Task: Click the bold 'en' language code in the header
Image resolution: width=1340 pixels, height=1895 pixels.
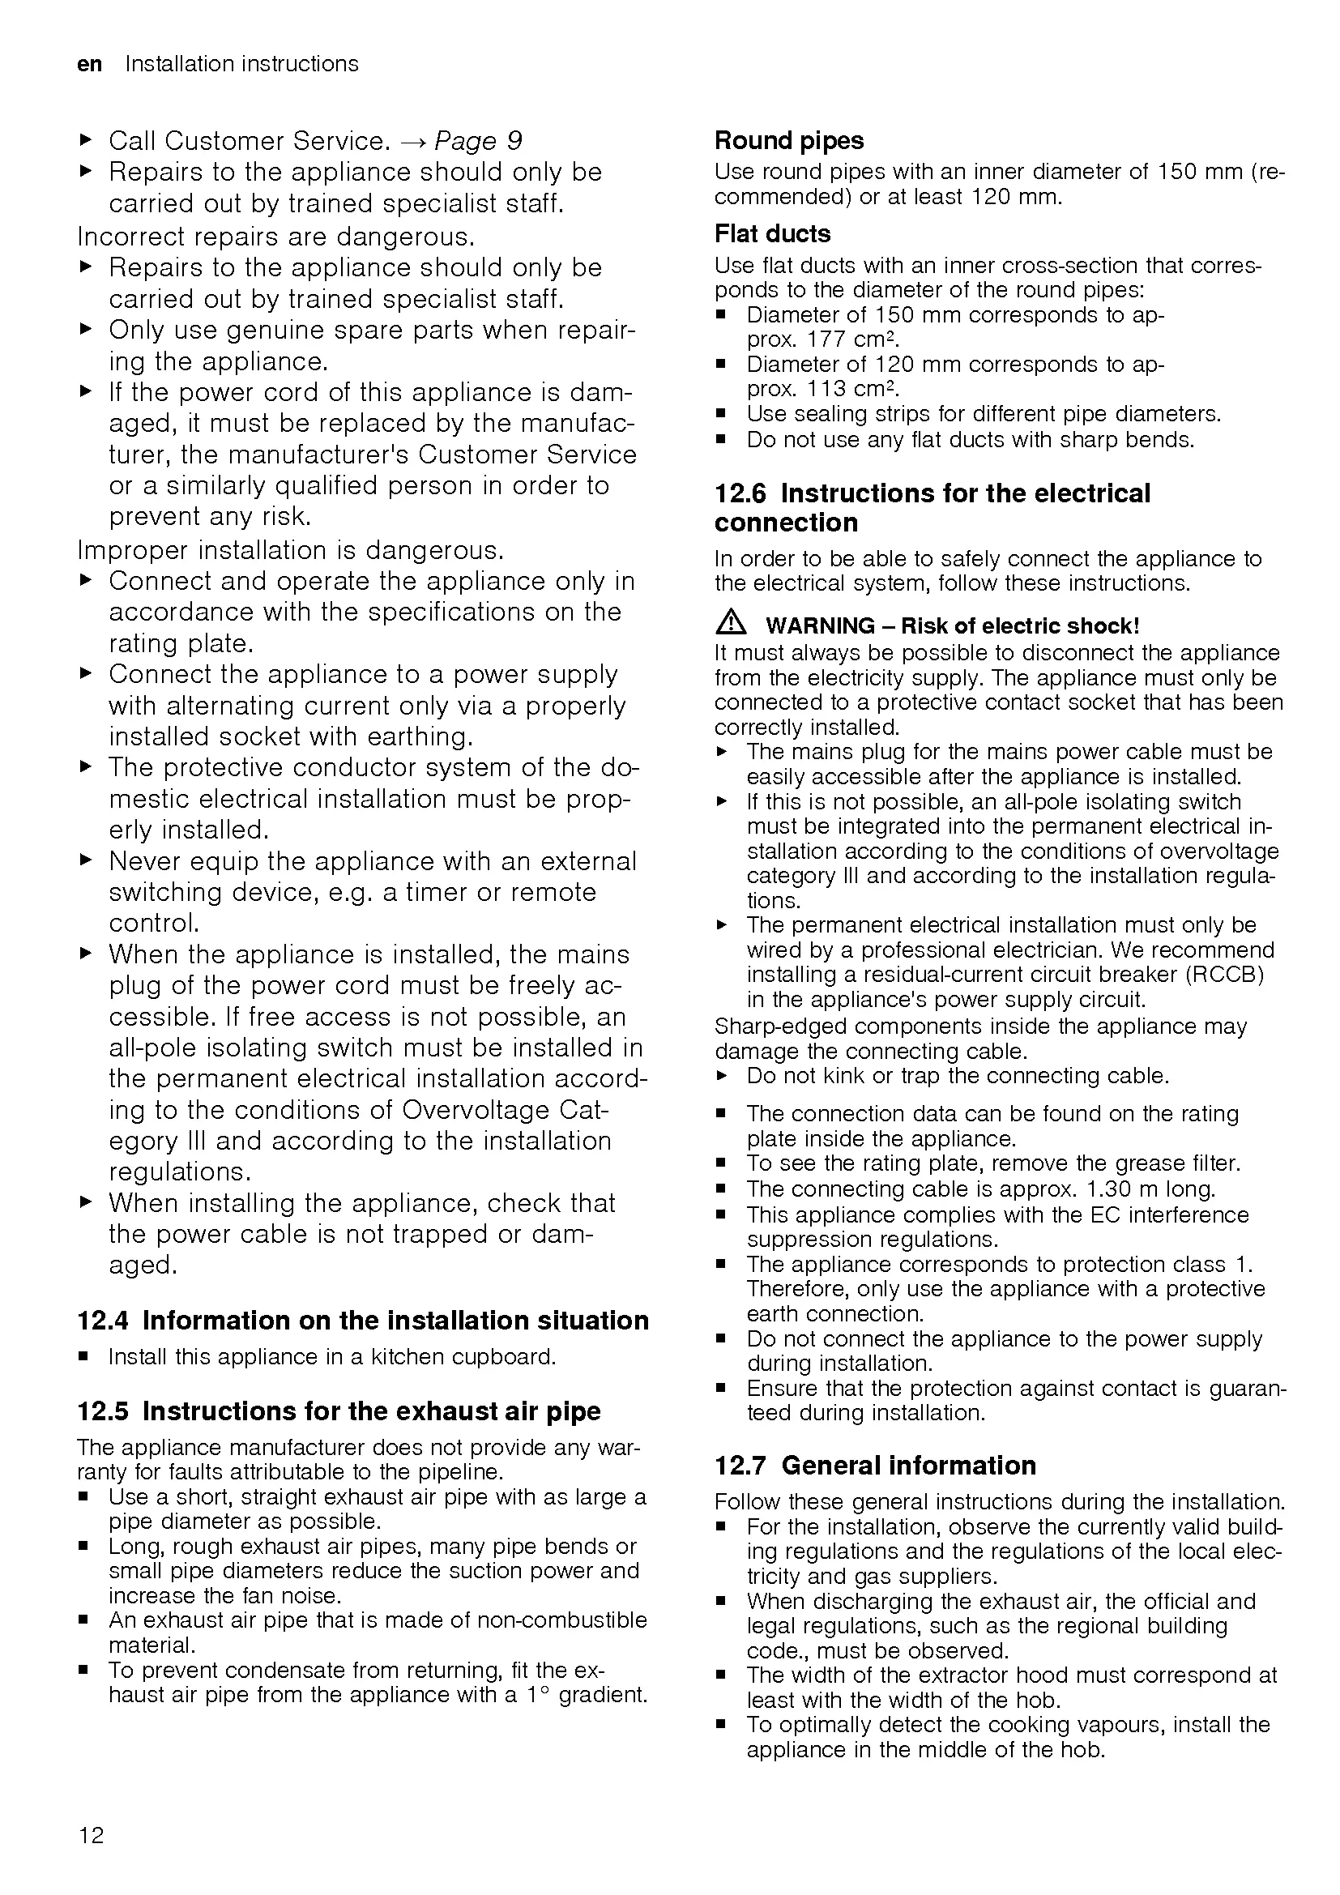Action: click(89, 64)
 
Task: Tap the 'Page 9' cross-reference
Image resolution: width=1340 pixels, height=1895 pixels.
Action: click(478, 141)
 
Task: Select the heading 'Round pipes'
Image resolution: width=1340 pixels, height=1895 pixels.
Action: click(789, 141)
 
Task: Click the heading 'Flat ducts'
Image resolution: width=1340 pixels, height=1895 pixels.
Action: click(772, 234)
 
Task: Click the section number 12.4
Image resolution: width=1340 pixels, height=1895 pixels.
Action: click(102, 1321)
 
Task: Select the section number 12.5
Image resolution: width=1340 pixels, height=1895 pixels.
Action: click(102, 1411)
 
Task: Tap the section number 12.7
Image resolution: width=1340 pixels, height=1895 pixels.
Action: click(740, 1465)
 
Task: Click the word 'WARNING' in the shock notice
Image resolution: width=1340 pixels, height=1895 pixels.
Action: click(819, 625)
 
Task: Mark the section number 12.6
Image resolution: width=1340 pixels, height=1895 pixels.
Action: click(740, 493)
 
